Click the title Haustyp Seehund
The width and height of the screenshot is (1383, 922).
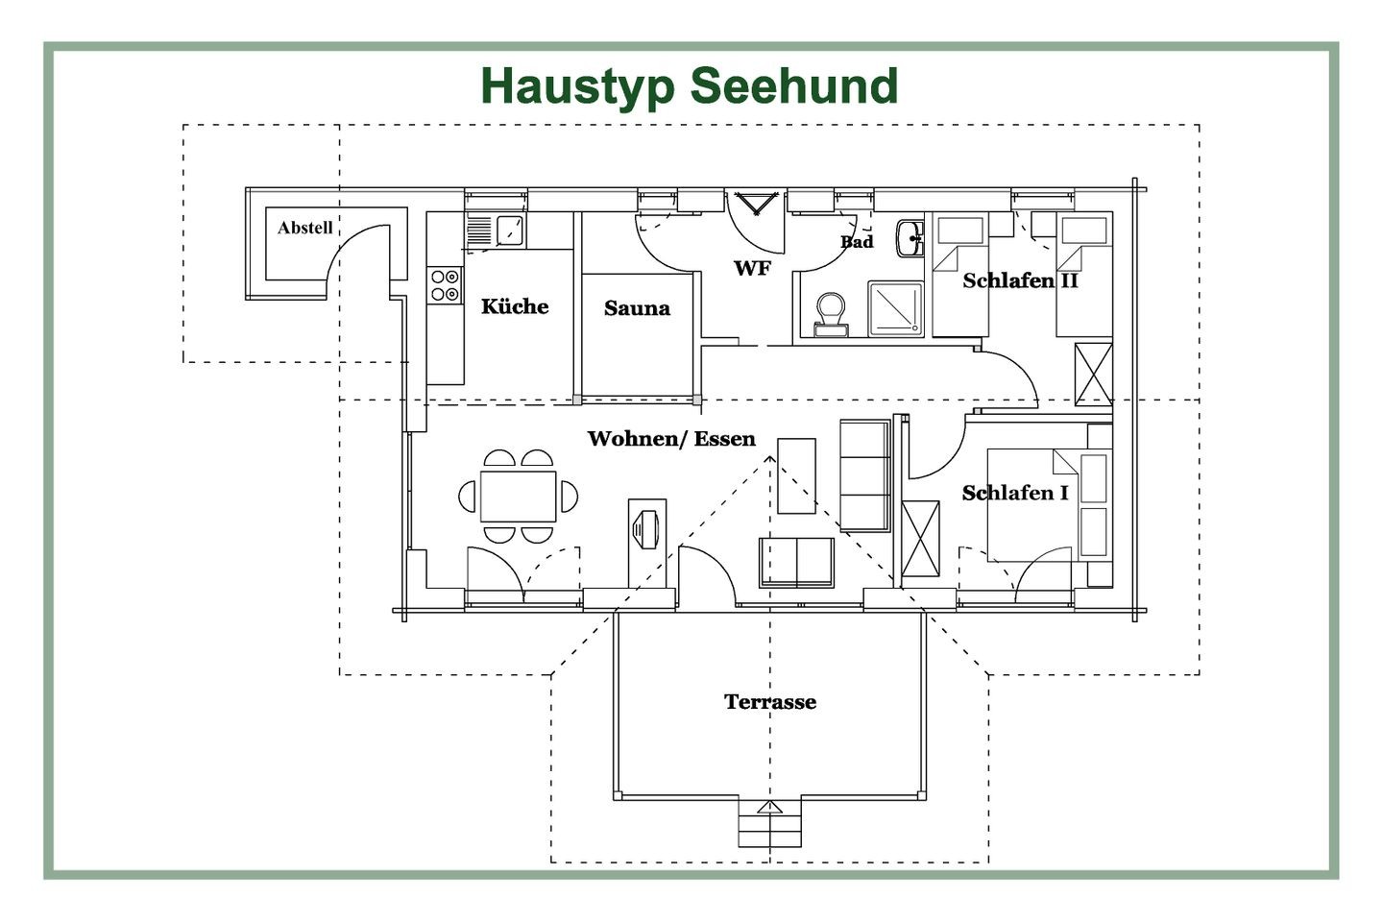689,87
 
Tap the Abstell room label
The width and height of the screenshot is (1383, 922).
305,228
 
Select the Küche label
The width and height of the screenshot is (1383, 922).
515,306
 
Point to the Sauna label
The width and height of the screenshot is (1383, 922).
637,308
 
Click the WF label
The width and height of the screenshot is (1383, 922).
752,268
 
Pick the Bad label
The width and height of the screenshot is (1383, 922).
857,242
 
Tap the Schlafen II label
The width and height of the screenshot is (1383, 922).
1021,281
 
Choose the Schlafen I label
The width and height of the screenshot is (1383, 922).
1015,494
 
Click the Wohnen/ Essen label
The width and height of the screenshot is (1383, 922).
671,439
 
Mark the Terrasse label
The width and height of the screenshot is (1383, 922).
770,701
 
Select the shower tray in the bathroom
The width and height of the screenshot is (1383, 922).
895,309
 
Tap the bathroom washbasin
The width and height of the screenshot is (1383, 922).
910,238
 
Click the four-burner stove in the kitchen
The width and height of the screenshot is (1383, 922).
445,285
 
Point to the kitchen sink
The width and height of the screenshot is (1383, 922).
496,230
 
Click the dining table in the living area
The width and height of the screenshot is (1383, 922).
518,497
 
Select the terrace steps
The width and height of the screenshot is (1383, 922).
770,824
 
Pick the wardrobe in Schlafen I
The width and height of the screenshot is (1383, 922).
920,539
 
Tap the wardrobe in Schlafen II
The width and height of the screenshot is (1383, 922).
1093,375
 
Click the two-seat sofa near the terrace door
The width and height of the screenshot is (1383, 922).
796,562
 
